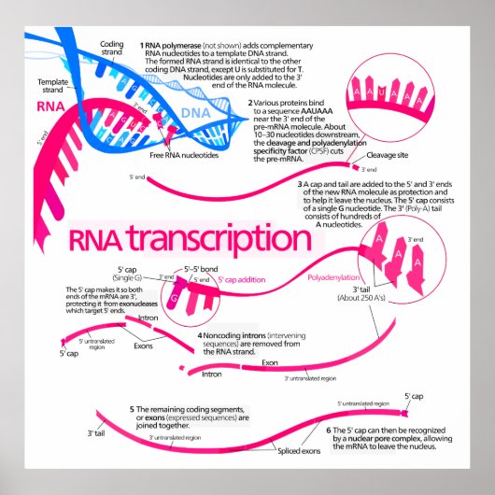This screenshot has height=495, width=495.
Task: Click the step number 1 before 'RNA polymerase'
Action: pyautogui.click(x=142, y=44)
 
